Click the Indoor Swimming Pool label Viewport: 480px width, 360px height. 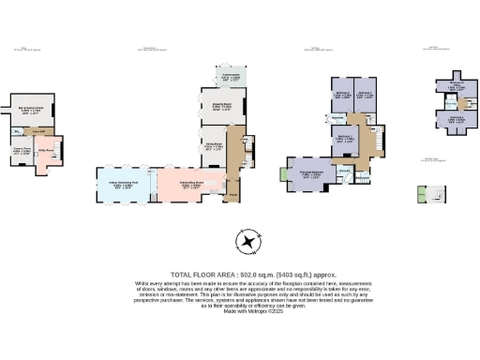click(x=125, y=186)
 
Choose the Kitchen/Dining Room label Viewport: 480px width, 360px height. click(x=190, y=186)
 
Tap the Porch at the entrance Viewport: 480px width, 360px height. click(x=232, y=196)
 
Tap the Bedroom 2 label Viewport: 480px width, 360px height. click(x=344, y=141)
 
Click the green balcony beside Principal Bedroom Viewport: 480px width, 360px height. click(x=284, y=173)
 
